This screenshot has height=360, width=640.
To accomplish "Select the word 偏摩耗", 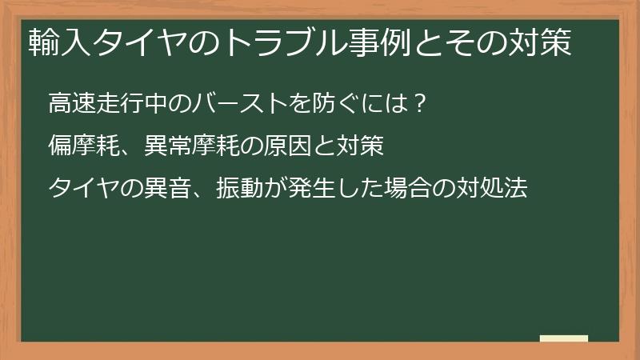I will coord(84,146).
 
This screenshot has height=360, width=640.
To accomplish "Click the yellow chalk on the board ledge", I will coord(564,338).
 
